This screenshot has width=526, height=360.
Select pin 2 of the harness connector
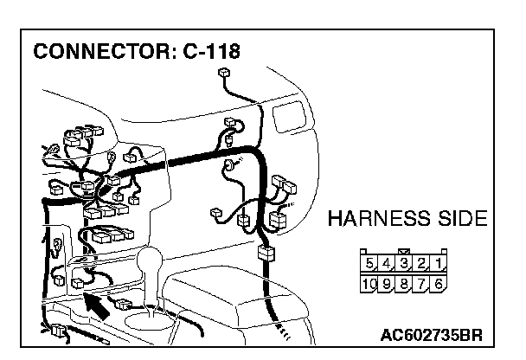pos(424,264)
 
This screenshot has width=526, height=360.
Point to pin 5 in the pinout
pos(371,264)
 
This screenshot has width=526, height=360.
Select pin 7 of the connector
pos(423,282)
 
